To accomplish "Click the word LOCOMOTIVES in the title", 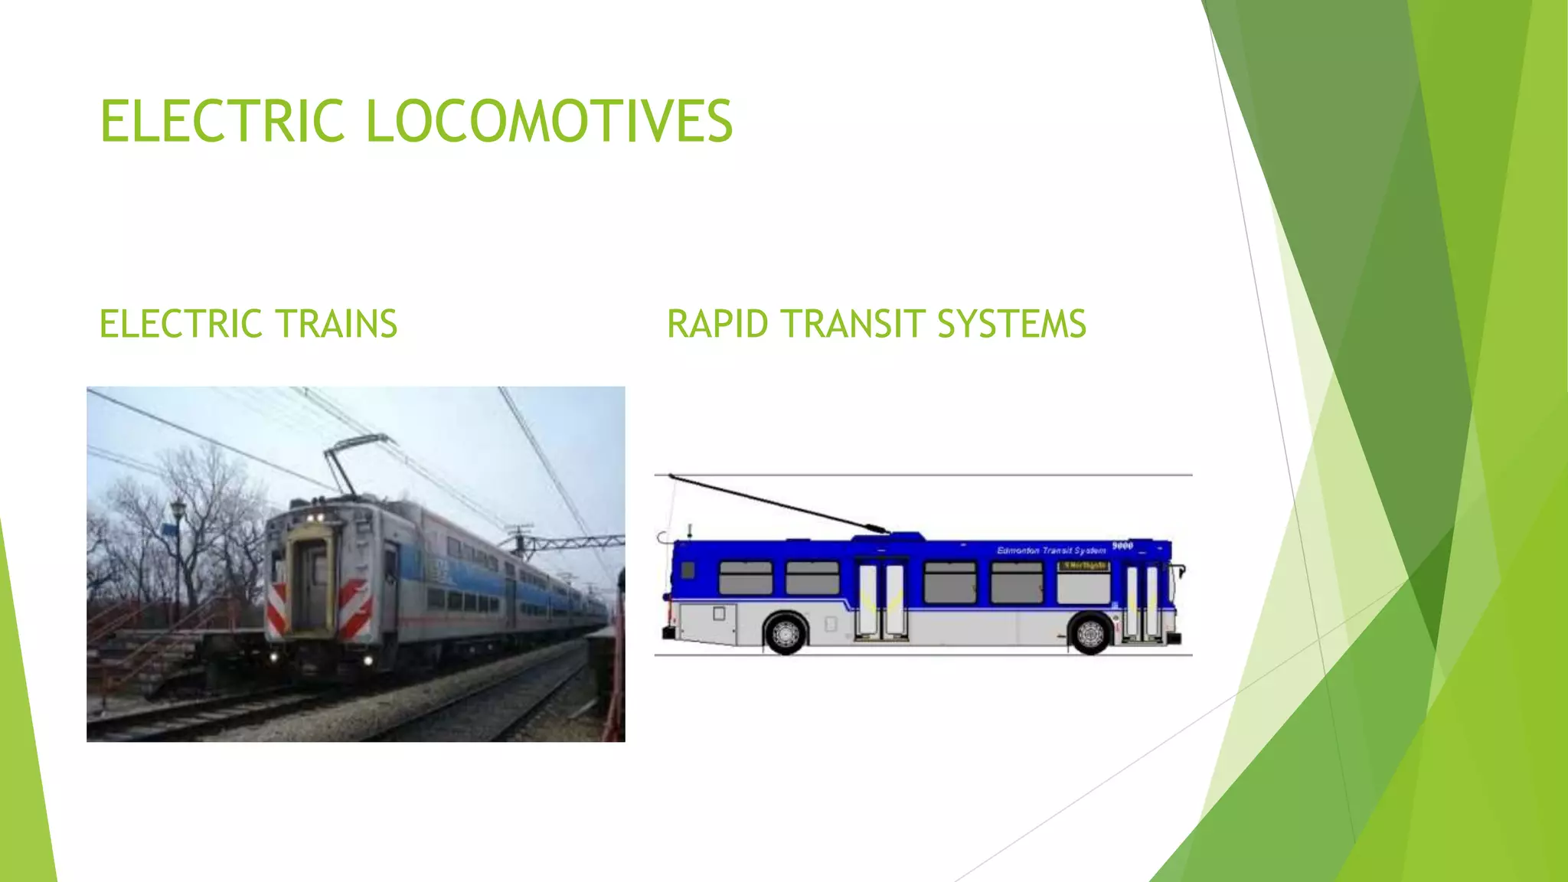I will (x=549, y=121).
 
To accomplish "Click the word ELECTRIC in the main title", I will (x=222, y=121).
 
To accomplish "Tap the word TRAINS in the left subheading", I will (x=336, y=324).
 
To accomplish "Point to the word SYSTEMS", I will (x=1011, y=324).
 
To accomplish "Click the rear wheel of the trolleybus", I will (x=785, y=633).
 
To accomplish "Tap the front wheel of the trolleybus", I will (x=1090, y=633).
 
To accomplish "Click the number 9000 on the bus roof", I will (x=1122, y=546).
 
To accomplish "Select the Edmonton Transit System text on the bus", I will (x=1051, y=550).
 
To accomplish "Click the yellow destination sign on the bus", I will (x=1083, y=566).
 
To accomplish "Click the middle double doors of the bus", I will (x=881, y=600).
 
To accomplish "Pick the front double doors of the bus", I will (x=1142, y=602).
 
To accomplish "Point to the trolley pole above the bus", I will (x=777, y=503).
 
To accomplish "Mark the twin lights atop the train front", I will (x=314, y=518).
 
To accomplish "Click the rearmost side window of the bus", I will (x=745, y=577).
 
